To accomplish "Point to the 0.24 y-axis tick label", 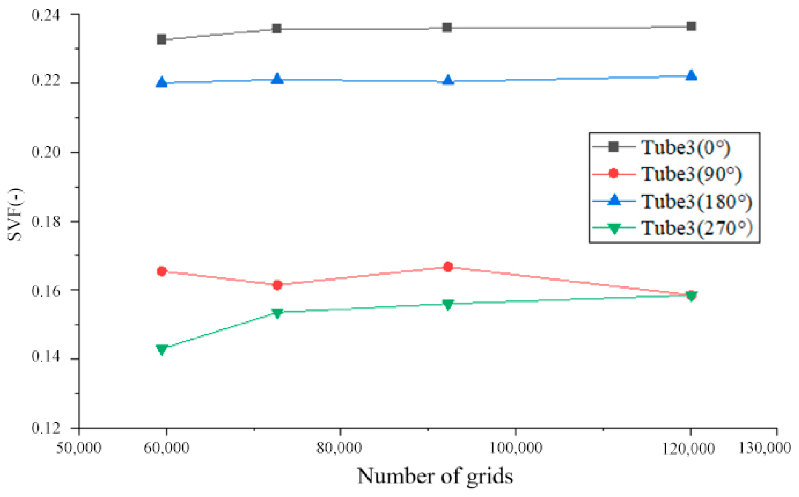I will (x=46, y=15).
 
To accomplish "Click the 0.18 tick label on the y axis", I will (x=46, y=221).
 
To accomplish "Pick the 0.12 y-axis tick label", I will (x=46, y=428).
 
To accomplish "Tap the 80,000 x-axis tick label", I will (x=339, y=448).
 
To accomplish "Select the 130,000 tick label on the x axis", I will (x=764, y=448).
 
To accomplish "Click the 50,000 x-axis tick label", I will (x=79, y=448).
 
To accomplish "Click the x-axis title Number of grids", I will (x=435, y=476).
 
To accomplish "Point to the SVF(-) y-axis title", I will (x=15, y=215).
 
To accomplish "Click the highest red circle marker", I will (x=448, y=267).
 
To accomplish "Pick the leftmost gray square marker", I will (x=162, y=40).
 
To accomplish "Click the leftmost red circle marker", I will (x=162, y=271).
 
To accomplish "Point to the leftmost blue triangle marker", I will (x=162, y=82).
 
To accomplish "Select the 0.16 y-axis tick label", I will (x=46, y=291).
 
